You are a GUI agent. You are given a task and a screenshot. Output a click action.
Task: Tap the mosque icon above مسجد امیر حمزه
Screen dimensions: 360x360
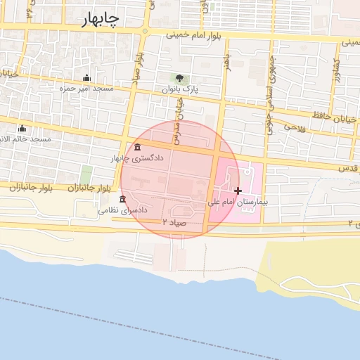coord(86,77)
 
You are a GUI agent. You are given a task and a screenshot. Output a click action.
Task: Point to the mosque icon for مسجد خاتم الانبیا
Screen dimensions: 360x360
coord(22,128)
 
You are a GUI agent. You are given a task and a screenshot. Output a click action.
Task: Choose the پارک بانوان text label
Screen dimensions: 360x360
coord(180,90)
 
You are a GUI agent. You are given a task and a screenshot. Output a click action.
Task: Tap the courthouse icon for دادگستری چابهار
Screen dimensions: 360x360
coord(136,147)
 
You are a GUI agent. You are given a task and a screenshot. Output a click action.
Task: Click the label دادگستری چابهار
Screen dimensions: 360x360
coord(137,158)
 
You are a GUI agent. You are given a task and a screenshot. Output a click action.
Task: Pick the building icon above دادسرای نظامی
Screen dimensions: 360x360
coord(123,199)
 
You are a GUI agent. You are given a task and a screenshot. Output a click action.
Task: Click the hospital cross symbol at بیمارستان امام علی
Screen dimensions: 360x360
coord(238,191)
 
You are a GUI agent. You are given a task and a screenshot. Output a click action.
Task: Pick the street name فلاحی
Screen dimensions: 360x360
coord(291,127)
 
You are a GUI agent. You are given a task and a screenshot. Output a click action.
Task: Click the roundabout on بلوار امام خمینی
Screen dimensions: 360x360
coord(144,31)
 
